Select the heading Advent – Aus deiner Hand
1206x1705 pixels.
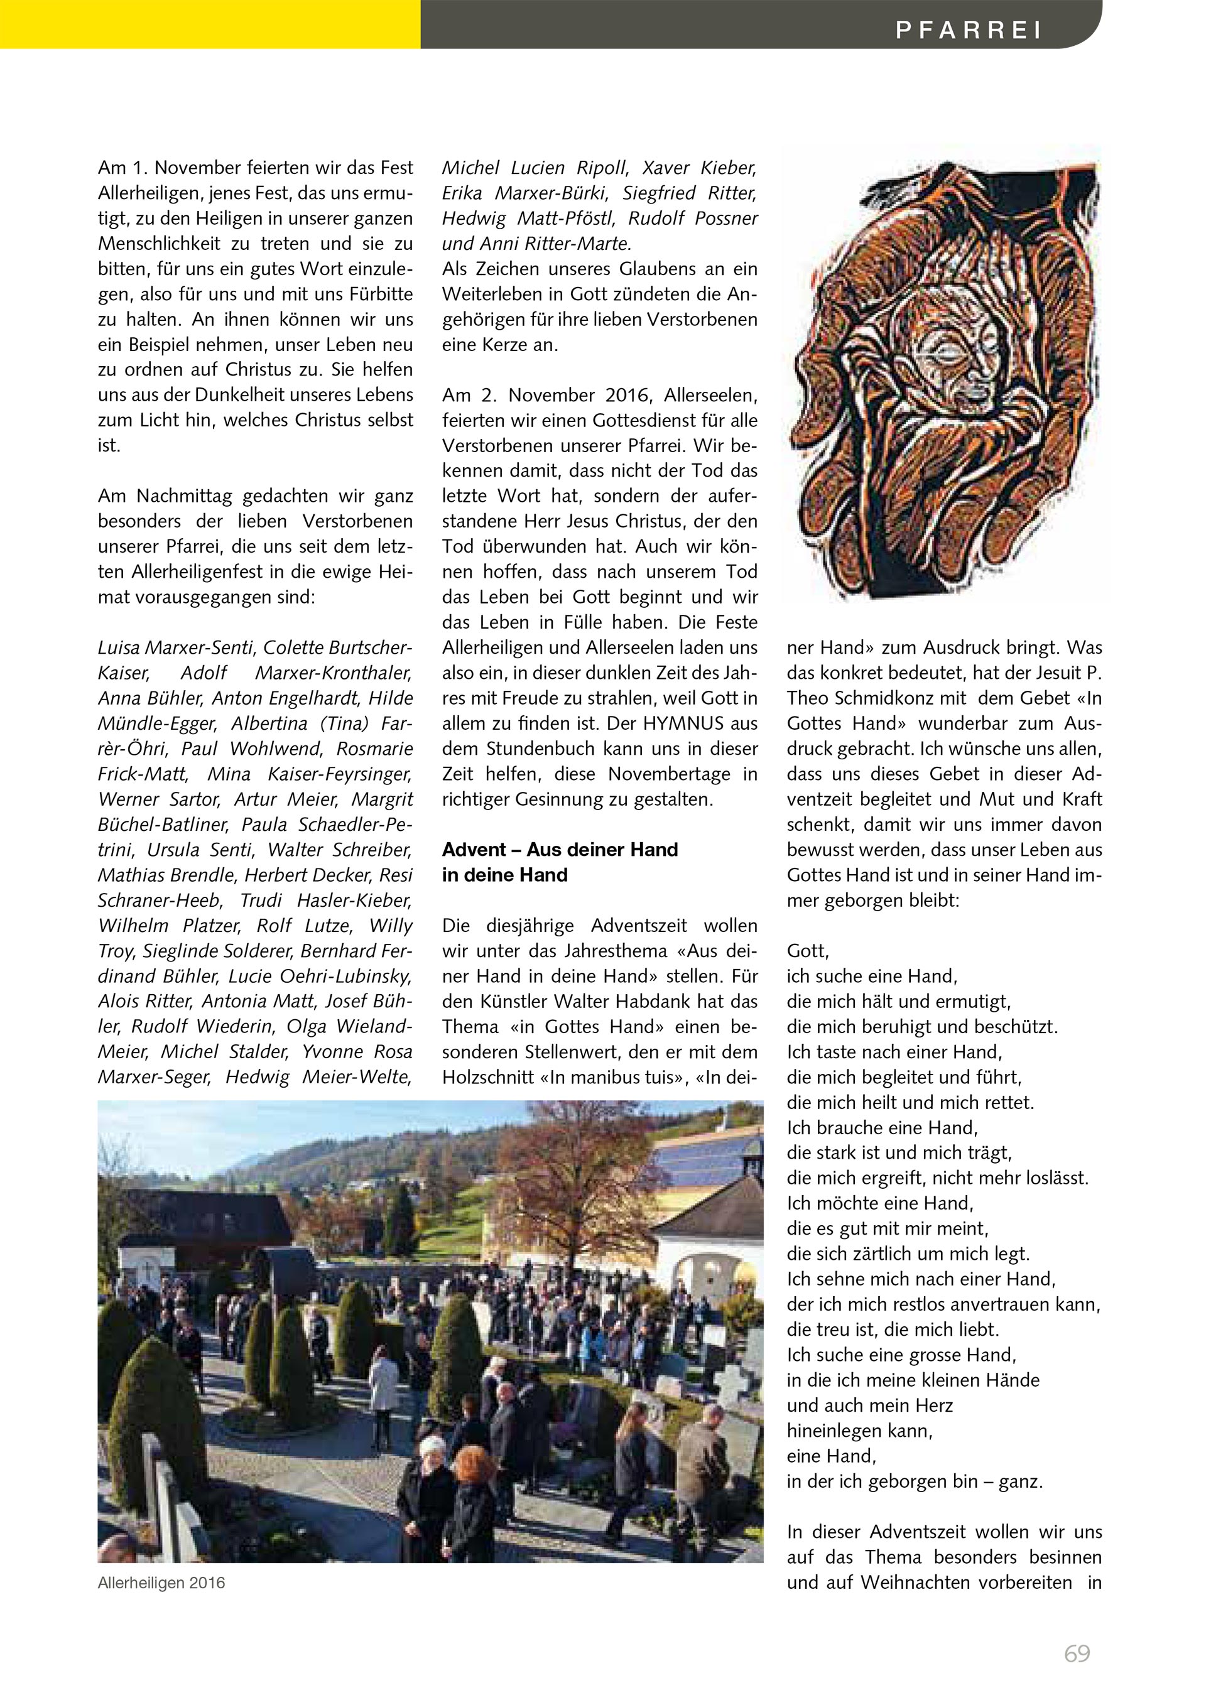[x=560, y=850]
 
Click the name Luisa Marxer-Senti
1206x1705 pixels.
[x=176, y=647]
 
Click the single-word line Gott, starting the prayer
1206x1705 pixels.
[x=808, y=951]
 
